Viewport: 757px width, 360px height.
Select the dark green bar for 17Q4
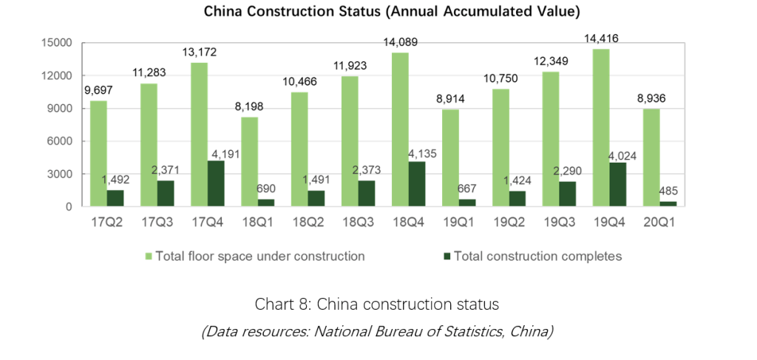(x=215, y=184)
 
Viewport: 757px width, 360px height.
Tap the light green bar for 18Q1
(x=249, y=162)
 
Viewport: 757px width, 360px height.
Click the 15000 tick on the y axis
(x=57, y=43)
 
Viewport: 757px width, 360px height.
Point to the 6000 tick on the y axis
(x=60, y=141)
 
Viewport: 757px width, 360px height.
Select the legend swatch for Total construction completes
(x=446, y=257)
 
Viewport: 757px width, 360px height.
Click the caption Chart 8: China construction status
(x=377, y=304)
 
